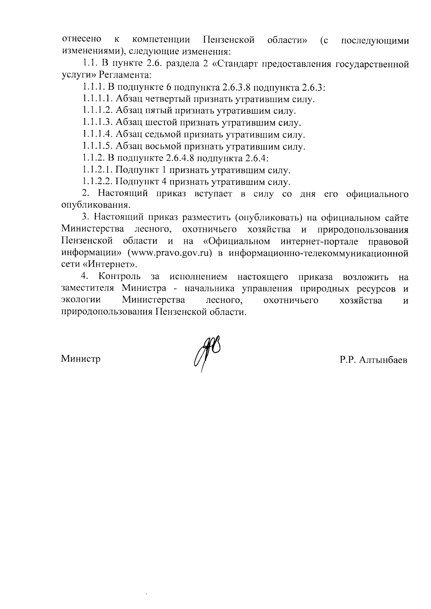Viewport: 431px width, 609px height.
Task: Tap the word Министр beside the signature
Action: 80,358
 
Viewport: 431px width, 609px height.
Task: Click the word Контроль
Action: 119,277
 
